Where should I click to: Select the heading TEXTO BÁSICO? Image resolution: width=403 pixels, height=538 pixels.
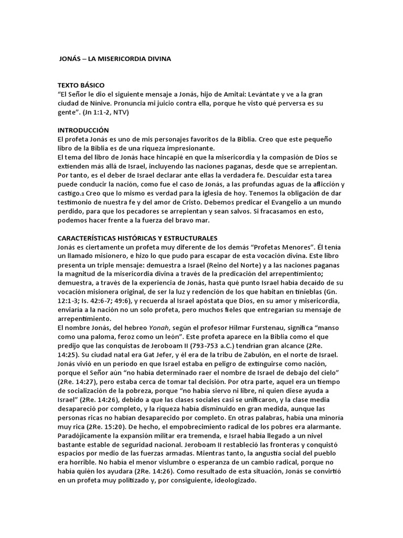coord(81,85)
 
